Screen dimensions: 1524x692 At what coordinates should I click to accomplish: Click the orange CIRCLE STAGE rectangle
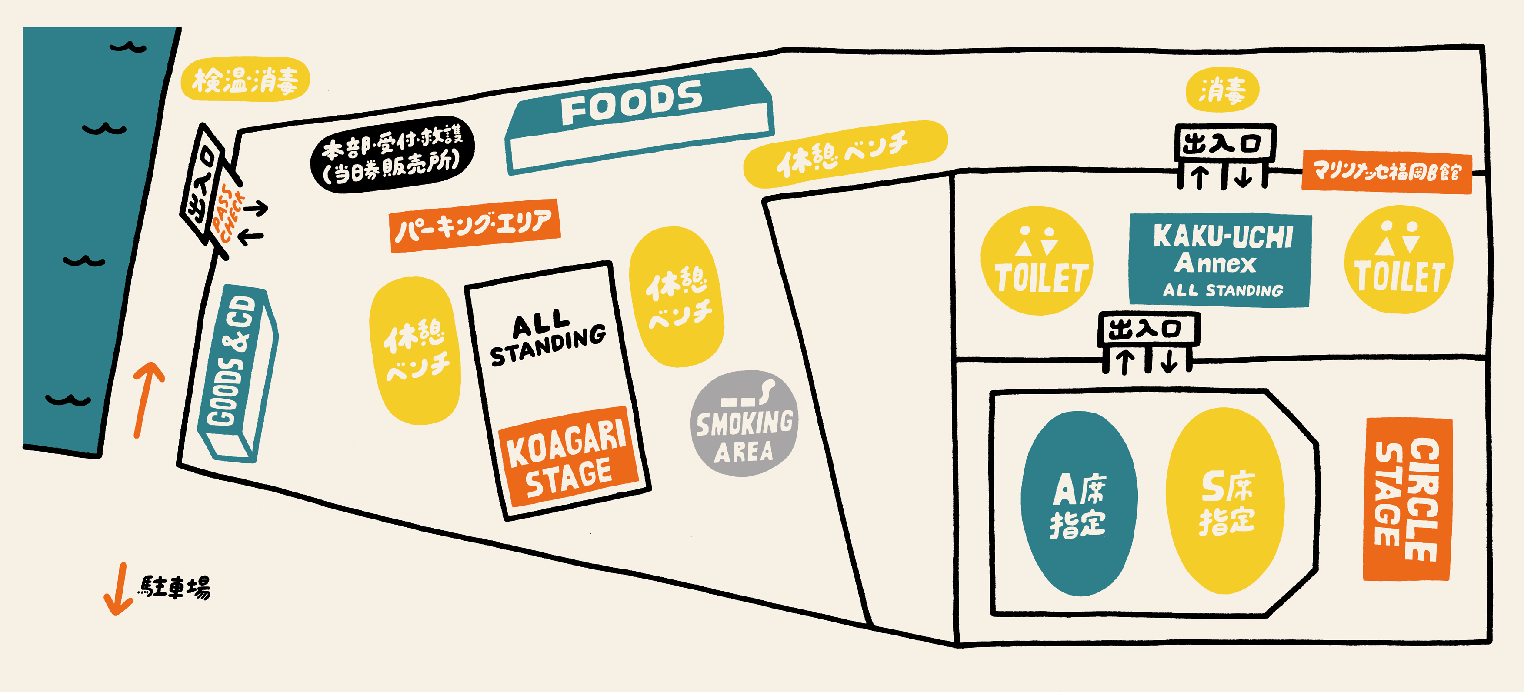tap(1407, 500)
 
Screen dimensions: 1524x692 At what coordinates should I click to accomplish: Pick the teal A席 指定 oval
tap(1078, 504)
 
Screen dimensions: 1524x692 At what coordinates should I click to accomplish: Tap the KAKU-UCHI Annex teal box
tap(1221, 260)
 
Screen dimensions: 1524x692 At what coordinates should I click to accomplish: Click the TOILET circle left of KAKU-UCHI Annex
tap(1037, 261)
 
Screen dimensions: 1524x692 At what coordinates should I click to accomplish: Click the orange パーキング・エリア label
tap(474, 225)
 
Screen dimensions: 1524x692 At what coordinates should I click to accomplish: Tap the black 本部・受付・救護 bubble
tap(392, 154)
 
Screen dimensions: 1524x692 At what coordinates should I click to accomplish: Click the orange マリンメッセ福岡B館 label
tap(1386, 172)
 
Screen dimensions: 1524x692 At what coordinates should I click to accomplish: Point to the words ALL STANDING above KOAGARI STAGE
tap(547, 338)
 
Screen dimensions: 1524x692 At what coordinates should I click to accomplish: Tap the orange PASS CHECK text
tap(228, 213)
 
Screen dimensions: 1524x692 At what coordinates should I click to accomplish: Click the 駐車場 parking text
tap(174, 587)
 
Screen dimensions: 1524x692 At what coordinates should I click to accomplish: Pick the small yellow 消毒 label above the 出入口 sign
tap(1222, 90)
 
